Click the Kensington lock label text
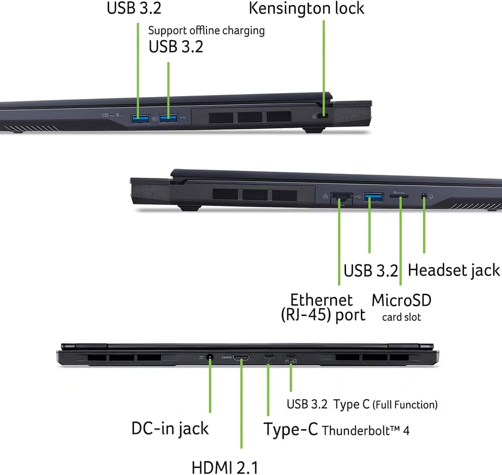pyautogui.click(x=306, y=9)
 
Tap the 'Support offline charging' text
pyautogui.click(x=206, y=31)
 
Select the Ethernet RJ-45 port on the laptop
pyautogui.click(x=341, y=198)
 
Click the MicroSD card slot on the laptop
pyautogui.click(x=399, y=196)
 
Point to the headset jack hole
pyautogui.click(x=424, y=196)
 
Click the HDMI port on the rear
pyautogui.click(x=241, y=357)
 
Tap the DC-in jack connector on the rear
pyautogui.click(x=210, y=357)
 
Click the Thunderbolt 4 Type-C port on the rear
pyautogui.click(x=269, y=356)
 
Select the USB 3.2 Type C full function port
pyautogui.click(x=291, y=356)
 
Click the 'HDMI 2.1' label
pyautogui.click(x=225, y=468)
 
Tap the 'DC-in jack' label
pyautogui.click(x=170, y=428)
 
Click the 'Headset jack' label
pyautogui.click(x=453, y=271)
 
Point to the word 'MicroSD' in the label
pyautogui.click(x=402, y=300)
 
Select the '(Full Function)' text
pyautogui.click(x=405, y=405)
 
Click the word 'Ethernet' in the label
pyautogui.click(x=322, y=300)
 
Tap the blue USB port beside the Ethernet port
pyautogui.click(x=373, y=197)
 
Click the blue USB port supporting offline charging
pyautogui.click(x=169, y=119)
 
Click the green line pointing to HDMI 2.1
pyautogui.click(x=241, y=403)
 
